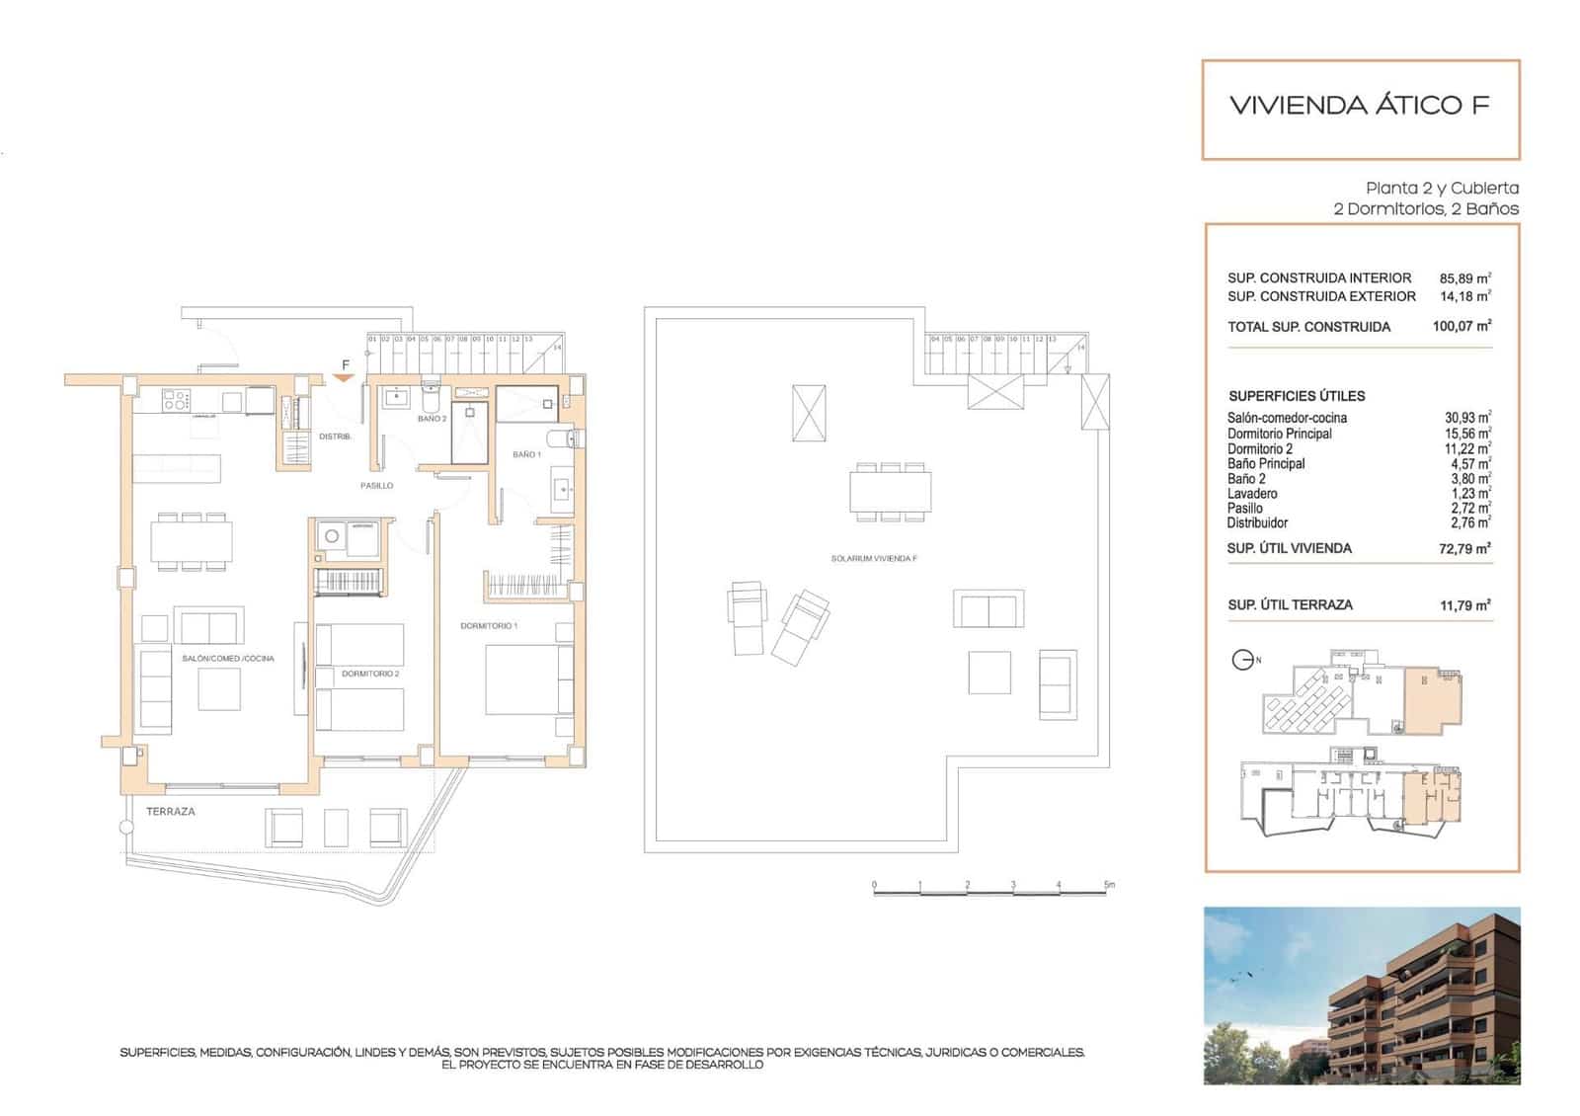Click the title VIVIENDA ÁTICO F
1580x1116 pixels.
pyautogui.click(x=1359, y=106)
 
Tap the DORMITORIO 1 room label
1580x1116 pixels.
pyautogui.click(x=489, y=626)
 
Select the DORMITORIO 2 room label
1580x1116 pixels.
pyautogui.click(x=370, y=674)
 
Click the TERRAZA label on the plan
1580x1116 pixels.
pyautogui.click(x=171, y=812)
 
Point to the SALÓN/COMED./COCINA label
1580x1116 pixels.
pyautogui.click(x=228, y=659)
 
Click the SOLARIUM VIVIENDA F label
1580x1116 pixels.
pyautogui.click(x=874, y=559)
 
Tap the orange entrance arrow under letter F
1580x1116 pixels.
pyautogui.click(x=345, y=378)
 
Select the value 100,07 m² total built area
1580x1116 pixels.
pyautogui.click(x=1461, y=326)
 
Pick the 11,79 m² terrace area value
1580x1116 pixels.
pyautogui.click(x=1464, y=605)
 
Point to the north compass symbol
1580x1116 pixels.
pyautogui.click(x=1243, y=660)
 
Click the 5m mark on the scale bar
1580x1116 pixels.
pyautogui.click(x=1108, y=886)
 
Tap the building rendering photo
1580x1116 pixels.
pyautogui.click(x=1361, y=996)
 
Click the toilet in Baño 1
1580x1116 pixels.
pyautogui.click(x=563, y=438)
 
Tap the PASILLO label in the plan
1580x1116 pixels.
pyautogui.click(x=376, y=486)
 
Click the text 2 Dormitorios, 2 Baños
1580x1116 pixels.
pyautogui.click(x=1425, y=209)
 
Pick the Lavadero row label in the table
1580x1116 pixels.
pyautogui.click(x=1252, y=494)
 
